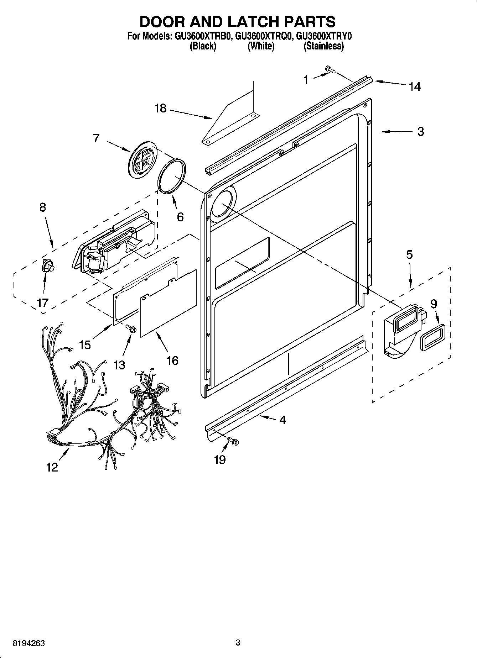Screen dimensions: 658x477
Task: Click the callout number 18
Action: [x=161, y=108]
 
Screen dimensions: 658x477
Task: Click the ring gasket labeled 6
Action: [x=172, y=177]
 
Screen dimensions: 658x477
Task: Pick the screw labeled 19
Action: [x=233, y=441]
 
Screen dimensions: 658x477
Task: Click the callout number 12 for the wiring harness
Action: [x=52, y=467]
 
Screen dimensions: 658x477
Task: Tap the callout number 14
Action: [x=415, y=86]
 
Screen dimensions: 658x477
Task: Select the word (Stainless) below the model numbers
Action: [x=323, y=46]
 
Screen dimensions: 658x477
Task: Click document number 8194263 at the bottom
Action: [x=28, y=643]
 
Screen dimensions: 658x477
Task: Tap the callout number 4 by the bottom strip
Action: [x=282, y=420]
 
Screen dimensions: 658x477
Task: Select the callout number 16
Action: [x=172, y=360]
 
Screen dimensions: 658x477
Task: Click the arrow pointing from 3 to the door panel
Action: [x=394, y=132]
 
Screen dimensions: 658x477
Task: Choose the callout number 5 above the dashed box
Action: [x=409, y=255]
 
